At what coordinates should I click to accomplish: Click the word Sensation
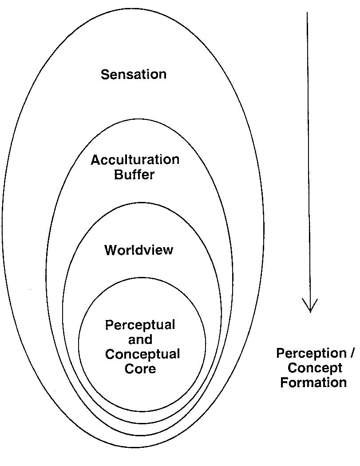pos(134,74)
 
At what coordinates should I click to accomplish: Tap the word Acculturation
pos(135,160)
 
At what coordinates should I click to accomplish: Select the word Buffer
pos(135,174)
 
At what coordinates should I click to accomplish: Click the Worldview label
pos(138,250)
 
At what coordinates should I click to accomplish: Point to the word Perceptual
pos(140,325)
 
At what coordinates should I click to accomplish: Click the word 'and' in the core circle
pos(140,340)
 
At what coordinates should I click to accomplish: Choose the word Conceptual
pos(142,355)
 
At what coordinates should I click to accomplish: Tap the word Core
pos(140,369)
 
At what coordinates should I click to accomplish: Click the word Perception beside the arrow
pos(311,354)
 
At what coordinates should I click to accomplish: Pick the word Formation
pos(313,383)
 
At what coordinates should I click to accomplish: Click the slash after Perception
pos(352,354)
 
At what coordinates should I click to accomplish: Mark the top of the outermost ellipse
pos(133,9)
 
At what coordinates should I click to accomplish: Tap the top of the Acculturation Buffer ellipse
pos(138,119)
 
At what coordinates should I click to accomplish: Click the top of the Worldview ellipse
pos(141,204)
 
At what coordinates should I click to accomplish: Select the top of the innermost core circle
pos(142,278)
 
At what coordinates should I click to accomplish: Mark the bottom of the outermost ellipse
pos(133,447)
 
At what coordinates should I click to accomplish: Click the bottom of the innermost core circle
pos(142,411)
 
